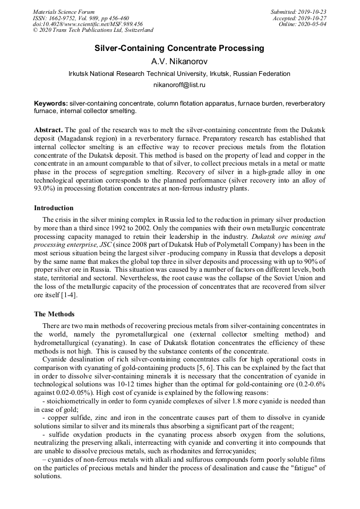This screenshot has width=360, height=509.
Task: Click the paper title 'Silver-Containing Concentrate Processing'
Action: (179, 48)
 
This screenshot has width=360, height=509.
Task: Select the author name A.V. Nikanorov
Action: (179, 61)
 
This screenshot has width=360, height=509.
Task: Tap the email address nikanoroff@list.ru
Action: (179, 84)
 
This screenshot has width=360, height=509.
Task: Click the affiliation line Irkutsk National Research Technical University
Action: (179, 73)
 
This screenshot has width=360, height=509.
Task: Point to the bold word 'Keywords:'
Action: (50, 103)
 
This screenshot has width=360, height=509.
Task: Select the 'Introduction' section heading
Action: (54, 208)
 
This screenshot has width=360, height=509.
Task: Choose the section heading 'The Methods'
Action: (54, 314)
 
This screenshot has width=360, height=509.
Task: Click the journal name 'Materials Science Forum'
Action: (64, 12)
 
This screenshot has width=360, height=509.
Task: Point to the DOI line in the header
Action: (88, 24)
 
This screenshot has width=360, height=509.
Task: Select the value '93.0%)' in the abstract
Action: (45, 188)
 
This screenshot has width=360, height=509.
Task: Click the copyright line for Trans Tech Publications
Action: (93, 31)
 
